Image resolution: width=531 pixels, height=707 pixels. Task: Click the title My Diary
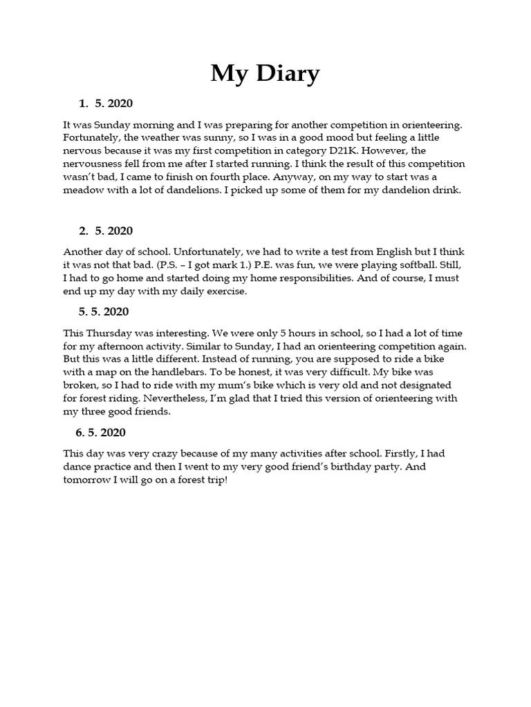pos(265,73)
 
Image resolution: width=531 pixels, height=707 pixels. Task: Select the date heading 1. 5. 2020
pos(105,104)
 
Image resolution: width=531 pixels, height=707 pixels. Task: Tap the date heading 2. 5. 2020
pos(105,231)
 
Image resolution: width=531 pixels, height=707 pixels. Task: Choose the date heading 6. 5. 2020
pos(100,433)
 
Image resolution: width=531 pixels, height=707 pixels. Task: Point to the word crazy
pos(174,454)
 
